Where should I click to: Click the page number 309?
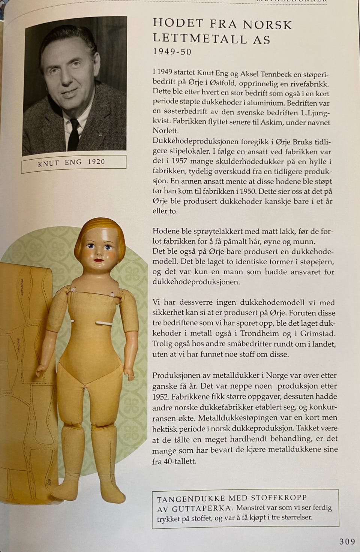tap(347, 541)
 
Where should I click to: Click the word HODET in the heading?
tap(178, 24)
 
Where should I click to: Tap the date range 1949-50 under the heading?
tap(172, 52)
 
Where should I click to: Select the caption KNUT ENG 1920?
tap(72, 162)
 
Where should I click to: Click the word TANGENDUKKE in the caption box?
tap(191, 499)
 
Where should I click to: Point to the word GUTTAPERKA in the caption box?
tap(201, 509)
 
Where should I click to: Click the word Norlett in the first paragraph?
tap(166, 131)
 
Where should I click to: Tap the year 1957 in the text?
tap(178, 162)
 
